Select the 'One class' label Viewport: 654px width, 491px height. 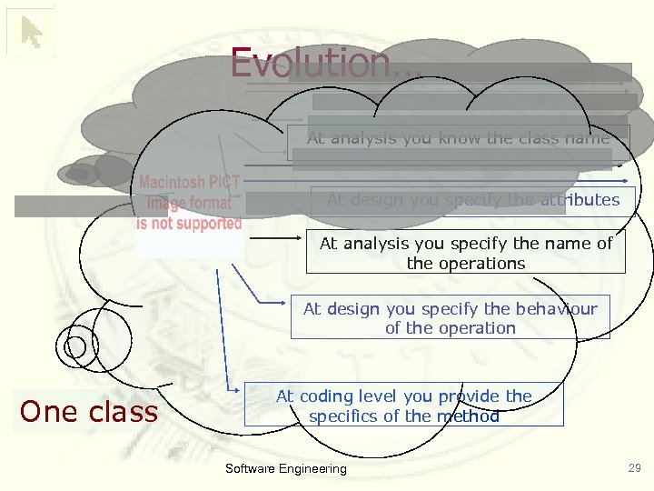[89, 412]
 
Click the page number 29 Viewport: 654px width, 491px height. [634, 468]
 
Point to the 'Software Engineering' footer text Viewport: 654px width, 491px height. [285, 469]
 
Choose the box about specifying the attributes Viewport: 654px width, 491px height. [472, 200]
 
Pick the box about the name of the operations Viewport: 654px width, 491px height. [465, 254]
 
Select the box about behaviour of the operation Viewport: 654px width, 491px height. [450, 318]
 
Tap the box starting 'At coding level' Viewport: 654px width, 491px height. [404, 406]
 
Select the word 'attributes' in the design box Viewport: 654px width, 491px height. [580, 200]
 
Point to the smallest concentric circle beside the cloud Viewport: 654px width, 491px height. [76, 346]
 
